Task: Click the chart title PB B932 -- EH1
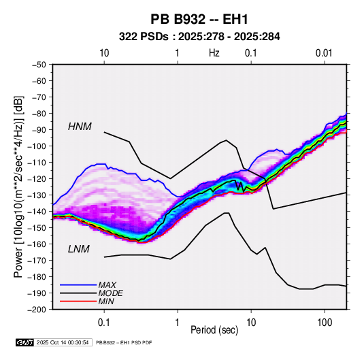click(x=199, y=19)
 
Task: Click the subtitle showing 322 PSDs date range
click(x=199, y=37)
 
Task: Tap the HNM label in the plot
click(x=80, y=127)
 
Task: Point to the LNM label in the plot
click(x=79, y=249)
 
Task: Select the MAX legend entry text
click(x=107, y=284)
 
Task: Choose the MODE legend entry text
click(x=110, y=293)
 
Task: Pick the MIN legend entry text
click(x=106, y=301)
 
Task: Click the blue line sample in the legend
click(x=78, y=284)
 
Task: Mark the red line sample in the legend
click(x=78, y=301)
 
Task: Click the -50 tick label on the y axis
click(x=39, y=65)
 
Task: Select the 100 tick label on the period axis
click(x=325, y=323)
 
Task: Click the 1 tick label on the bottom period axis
click(x=178, y=323)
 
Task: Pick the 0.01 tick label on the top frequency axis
click(x=324, y=53)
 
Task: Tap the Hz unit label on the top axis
click(x=214, y=53)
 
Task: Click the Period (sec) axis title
click(x=214, y=330)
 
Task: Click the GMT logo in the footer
click(x=25, y=342)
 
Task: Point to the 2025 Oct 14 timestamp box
click(x=63, y=342)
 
